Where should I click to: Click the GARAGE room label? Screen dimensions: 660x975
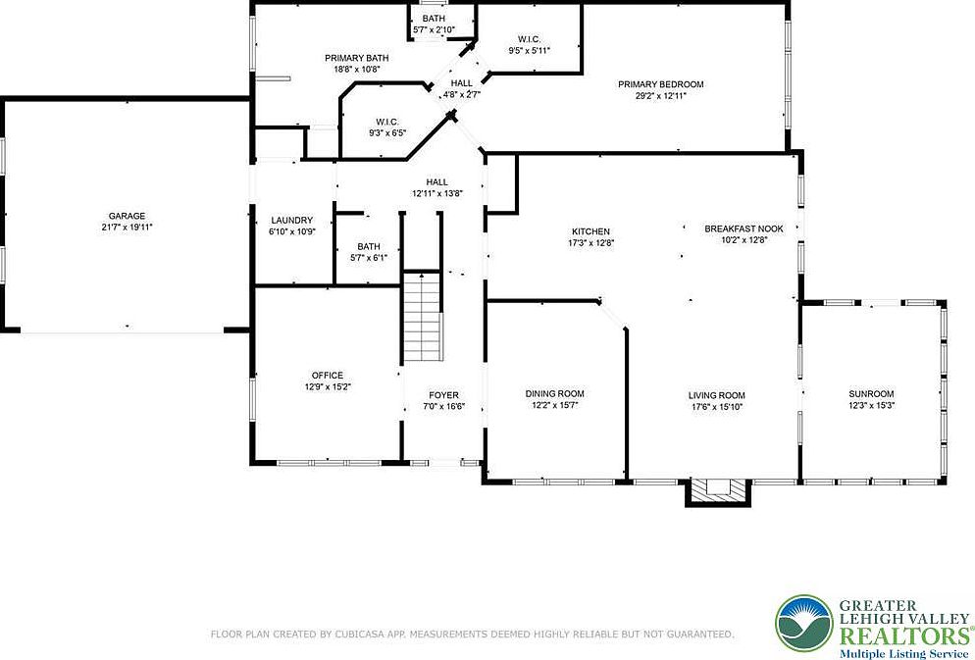pos(127,216)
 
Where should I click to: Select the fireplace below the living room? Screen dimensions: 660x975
pos(717,491)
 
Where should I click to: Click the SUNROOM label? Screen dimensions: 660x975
pos(871,394)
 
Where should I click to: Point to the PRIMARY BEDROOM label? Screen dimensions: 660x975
pos(660,84)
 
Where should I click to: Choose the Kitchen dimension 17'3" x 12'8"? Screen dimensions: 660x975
pos(591,243)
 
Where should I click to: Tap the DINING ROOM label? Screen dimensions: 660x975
pos(555,394)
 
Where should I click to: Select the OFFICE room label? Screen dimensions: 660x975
pos(327,376)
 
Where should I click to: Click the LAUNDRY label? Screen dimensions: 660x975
pos(291,221)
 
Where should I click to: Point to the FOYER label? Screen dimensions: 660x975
pos(443,395)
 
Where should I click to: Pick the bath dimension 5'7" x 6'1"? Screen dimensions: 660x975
pos(369,258)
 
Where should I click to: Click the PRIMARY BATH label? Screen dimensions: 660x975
pos(350,58)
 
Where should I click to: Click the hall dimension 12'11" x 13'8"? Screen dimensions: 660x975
pos(436,194)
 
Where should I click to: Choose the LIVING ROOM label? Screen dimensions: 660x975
pos(717,394)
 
